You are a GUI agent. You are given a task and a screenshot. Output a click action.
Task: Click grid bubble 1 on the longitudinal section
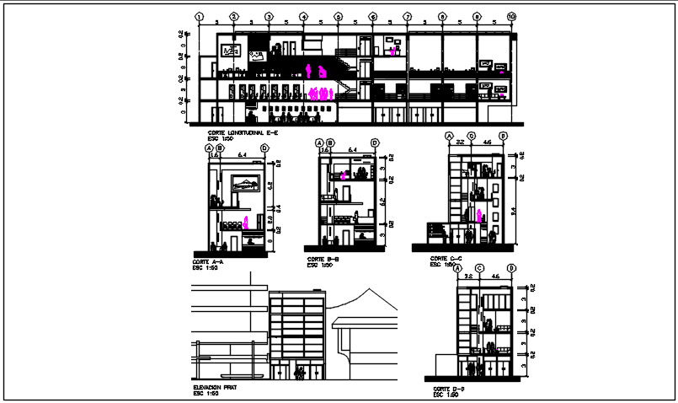click(x=199, y=16)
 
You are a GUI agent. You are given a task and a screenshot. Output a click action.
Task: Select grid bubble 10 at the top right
click(x=511, y=16)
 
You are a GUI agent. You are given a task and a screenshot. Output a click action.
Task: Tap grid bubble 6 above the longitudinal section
click(x=372, y=16)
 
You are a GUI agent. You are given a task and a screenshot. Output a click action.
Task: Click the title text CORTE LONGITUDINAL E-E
click(x=242, y=133)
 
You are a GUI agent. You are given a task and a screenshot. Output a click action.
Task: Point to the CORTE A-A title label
click(x=208, y=262)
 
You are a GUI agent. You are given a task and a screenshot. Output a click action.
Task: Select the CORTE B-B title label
click(x=323, y=259)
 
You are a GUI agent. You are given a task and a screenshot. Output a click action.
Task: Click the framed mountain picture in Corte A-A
click(x=245, y=183)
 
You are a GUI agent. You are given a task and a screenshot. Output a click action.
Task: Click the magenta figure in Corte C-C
click(x=481, y=214)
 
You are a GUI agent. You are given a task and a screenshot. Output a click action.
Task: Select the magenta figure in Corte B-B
click(x=344, y=175)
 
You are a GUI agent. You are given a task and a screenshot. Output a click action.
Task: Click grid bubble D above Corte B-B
click(x=375, y=143)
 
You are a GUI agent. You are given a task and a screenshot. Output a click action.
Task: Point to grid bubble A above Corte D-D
click(x=457, y=269)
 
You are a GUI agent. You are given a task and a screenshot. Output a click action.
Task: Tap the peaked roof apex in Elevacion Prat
click(x=368, y=289)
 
